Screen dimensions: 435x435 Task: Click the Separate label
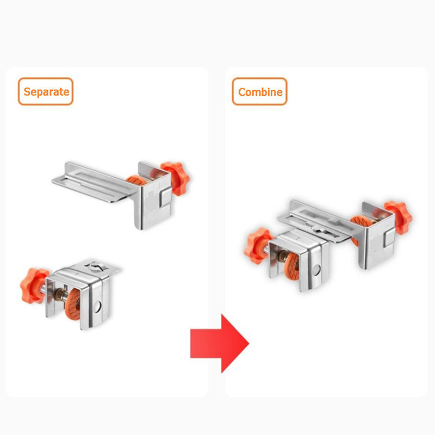point(46,91)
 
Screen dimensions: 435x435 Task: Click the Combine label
point(260,92)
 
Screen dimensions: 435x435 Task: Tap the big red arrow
point(220,343)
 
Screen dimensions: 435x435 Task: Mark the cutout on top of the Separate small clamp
point(96,266)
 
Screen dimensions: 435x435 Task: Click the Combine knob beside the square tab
point(398,216)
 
